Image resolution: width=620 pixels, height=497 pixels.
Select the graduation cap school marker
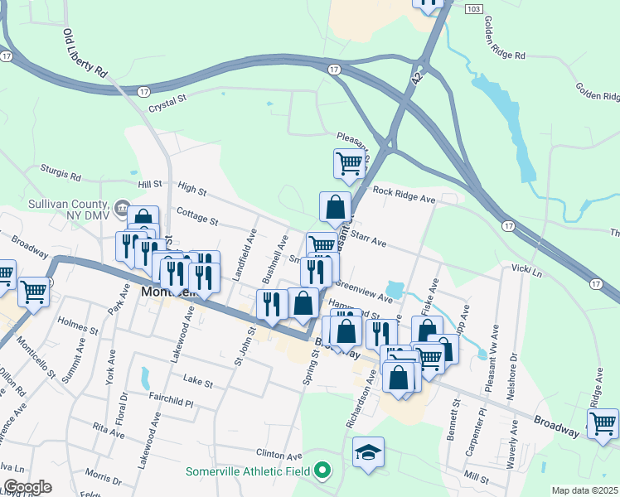368,452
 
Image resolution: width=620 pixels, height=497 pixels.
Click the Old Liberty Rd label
85,54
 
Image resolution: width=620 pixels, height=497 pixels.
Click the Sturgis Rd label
63,176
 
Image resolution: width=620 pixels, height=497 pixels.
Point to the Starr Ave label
370,240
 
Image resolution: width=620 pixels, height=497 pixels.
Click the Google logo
27,487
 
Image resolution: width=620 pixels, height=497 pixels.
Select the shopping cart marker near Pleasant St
349,162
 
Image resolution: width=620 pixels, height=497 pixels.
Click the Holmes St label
77,322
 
